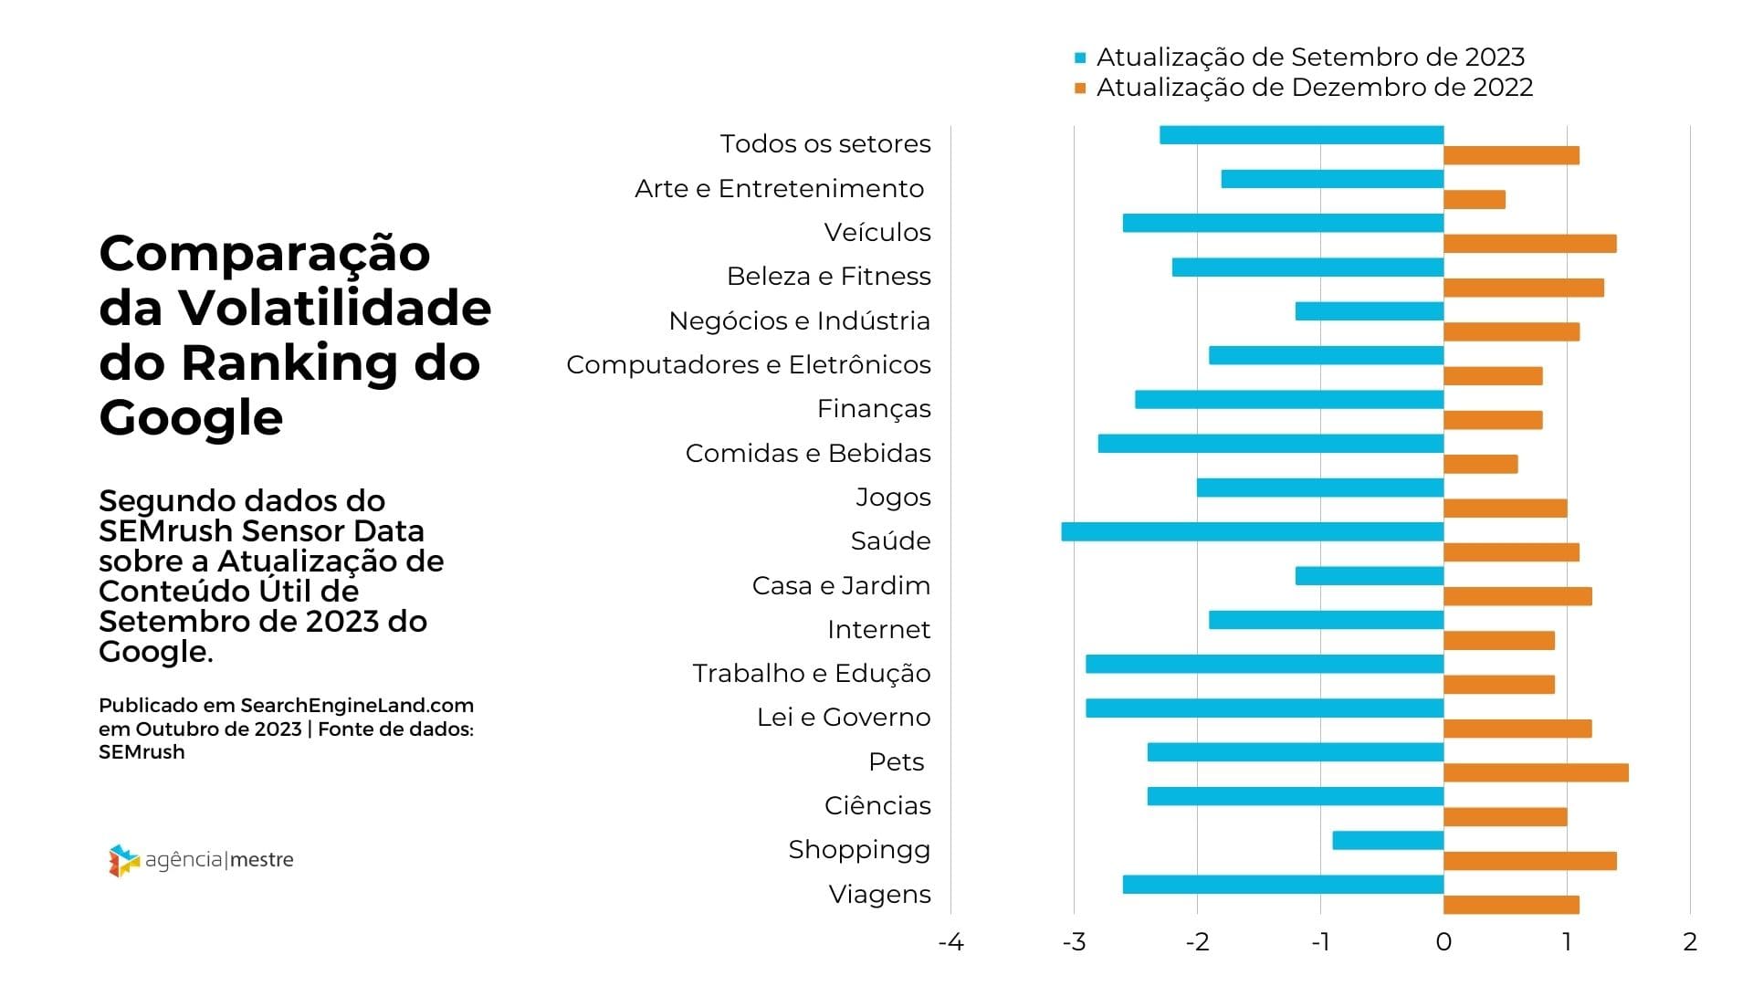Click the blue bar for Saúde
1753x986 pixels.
[x=1252, y=531]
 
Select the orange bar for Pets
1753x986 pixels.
[x=1536, y=772]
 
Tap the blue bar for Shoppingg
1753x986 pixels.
[x=1388, y=840]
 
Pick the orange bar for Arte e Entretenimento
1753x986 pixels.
[x=1474, y=199]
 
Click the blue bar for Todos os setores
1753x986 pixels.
[x=1301, y=135]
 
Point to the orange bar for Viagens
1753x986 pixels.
[x=1511, y=905]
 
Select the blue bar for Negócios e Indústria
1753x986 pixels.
[x=1369, y=311]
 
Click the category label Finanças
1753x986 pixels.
[x=874, y=408]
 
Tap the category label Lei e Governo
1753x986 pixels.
[x=844, y=717]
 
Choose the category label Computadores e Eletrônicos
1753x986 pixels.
[x=749, y=364]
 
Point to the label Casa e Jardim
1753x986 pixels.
[x=841, y=585]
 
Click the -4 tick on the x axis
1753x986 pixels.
[x=950, y=942]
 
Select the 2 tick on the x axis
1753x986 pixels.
[x=1690, y=942]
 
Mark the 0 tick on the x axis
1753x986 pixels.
[x=1443, y=942]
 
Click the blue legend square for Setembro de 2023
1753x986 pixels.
[x=1080, y=58]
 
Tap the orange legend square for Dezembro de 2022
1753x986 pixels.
[x=1080, y=89]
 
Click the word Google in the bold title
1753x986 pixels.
[x=191, y=418]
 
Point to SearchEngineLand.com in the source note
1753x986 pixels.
[x=357, y=706]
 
